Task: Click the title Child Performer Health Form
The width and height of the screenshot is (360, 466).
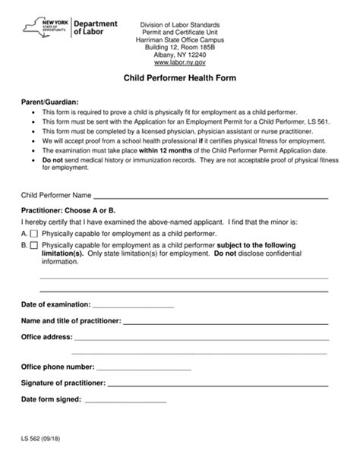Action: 180,77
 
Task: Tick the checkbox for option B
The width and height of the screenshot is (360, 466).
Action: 35,246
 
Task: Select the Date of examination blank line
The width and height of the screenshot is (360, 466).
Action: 134,306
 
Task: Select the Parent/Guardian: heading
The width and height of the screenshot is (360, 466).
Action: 49,101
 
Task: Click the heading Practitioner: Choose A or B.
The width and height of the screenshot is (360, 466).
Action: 68,209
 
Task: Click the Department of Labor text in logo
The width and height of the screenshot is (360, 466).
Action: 94,29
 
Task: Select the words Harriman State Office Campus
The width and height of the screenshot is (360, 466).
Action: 180,37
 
